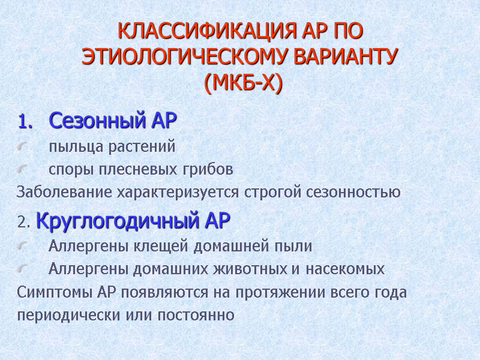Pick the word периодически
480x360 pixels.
tap(62, 315)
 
